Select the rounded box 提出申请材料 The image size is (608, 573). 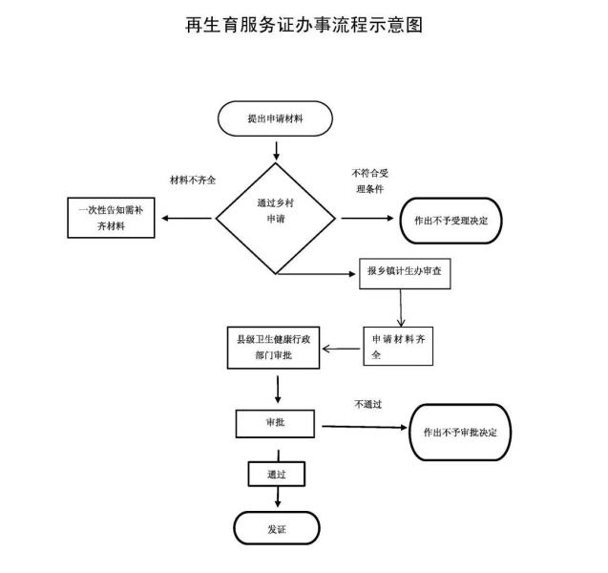click(x=276, y=118)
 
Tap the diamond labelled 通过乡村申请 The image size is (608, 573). click(x=277, y=218)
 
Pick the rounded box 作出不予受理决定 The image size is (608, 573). click(x=451, y=219)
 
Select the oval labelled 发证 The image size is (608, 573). click(x=277, y=528)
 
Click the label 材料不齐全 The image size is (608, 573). click(x=192, y=180)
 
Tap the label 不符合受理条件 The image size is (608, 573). click(x=368, y=180)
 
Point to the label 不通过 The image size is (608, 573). click(x=367, y=404)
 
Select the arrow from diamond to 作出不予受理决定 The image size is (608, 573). click(x=367, y=219)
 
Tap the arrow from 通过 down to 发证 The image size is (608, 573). click(x=278, y=497)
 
